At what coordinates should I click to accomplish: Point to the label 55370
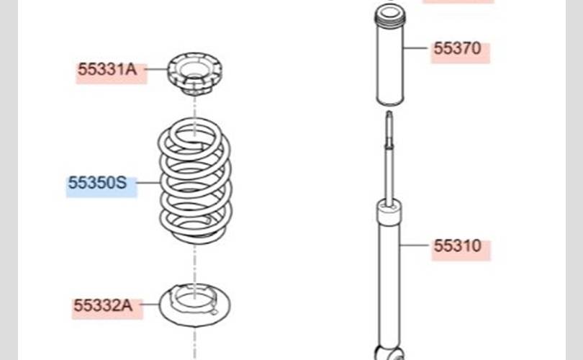(x=457, y=49)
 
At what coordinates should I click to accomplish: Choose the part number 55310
(x=457, y=246)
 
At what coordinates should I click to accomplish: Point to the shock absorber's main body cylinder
(x=389, y=281)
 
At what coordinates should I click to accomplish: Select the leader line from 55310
(x=417, y=246)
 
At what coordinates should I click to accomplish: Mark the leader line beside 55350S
(x=148, y=183)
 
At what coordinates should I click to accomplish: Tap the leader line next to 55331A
(x=158, y=70)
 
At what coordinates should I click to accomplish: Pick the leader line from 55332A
(x=150, y=306)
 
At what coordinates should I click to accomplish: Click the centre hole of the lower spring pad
(x=193, y=297)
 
